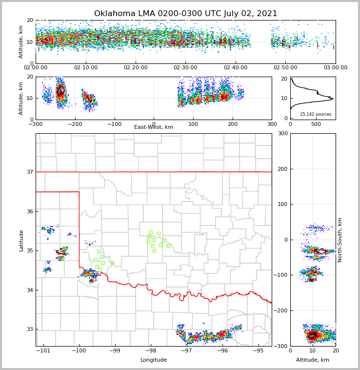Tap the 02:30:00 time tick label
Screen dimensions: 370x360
click(185, 68)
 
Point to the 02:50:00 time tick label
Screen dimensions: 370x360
click(285, 68)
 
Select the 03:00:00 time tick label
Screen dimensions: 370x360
click(336, 68)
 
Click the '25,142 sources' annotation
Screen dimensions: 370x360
click(316, 114)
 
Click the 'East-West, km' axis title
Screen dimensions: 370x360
click(154, 127)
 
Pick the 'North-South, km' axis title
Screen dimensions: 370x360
click(340, 240)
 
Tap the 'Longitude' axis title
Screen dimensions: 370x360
click(154, 360)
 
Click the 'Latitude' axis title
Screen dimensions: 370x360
click(21, 240)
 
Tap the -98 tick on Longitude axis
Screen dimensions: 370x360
click(150, 351)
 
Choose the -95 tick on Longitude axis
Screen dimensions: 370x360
click(258, 351)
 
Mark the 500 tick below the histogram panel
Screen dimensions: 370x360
click(316, 124)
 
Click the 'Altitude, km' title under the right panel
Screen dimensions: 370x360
click(313, 360)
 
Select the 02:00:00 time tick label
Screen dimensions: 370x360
click(36, 68)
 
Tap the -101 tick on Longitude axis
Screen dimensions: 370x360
click(43, 351)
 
